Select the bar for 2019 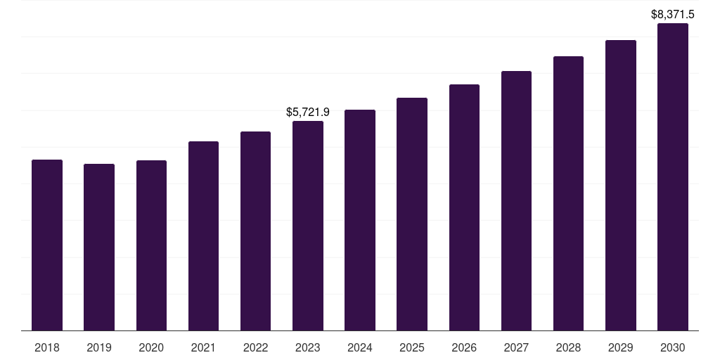pos(99,247)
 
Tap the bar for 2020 pos(151,245)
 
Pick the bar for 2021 pos(203,236)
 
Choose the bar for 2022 pos(255,231)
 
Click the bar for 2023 pos(308,226)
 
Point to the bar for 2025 pos(412,214)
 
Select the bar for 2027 pos(516,200)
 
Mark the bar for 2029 pos(621,185)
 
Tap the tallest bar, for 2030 pos(673,176)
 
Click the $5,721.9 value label pos(308,112)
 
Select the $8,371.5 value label pos(673,14)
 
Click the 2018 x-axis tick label pos(47,347)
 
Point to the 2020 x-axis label pos(151,347)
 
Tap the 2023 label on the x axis pos(308,347)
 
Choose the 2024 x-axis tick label pos(360,347)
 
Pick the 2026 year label pos(464,347)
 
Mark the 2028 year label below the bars pos(568,347)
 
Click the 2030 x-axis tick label pos(673,347)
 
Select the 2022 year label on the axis pos(255,347)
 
